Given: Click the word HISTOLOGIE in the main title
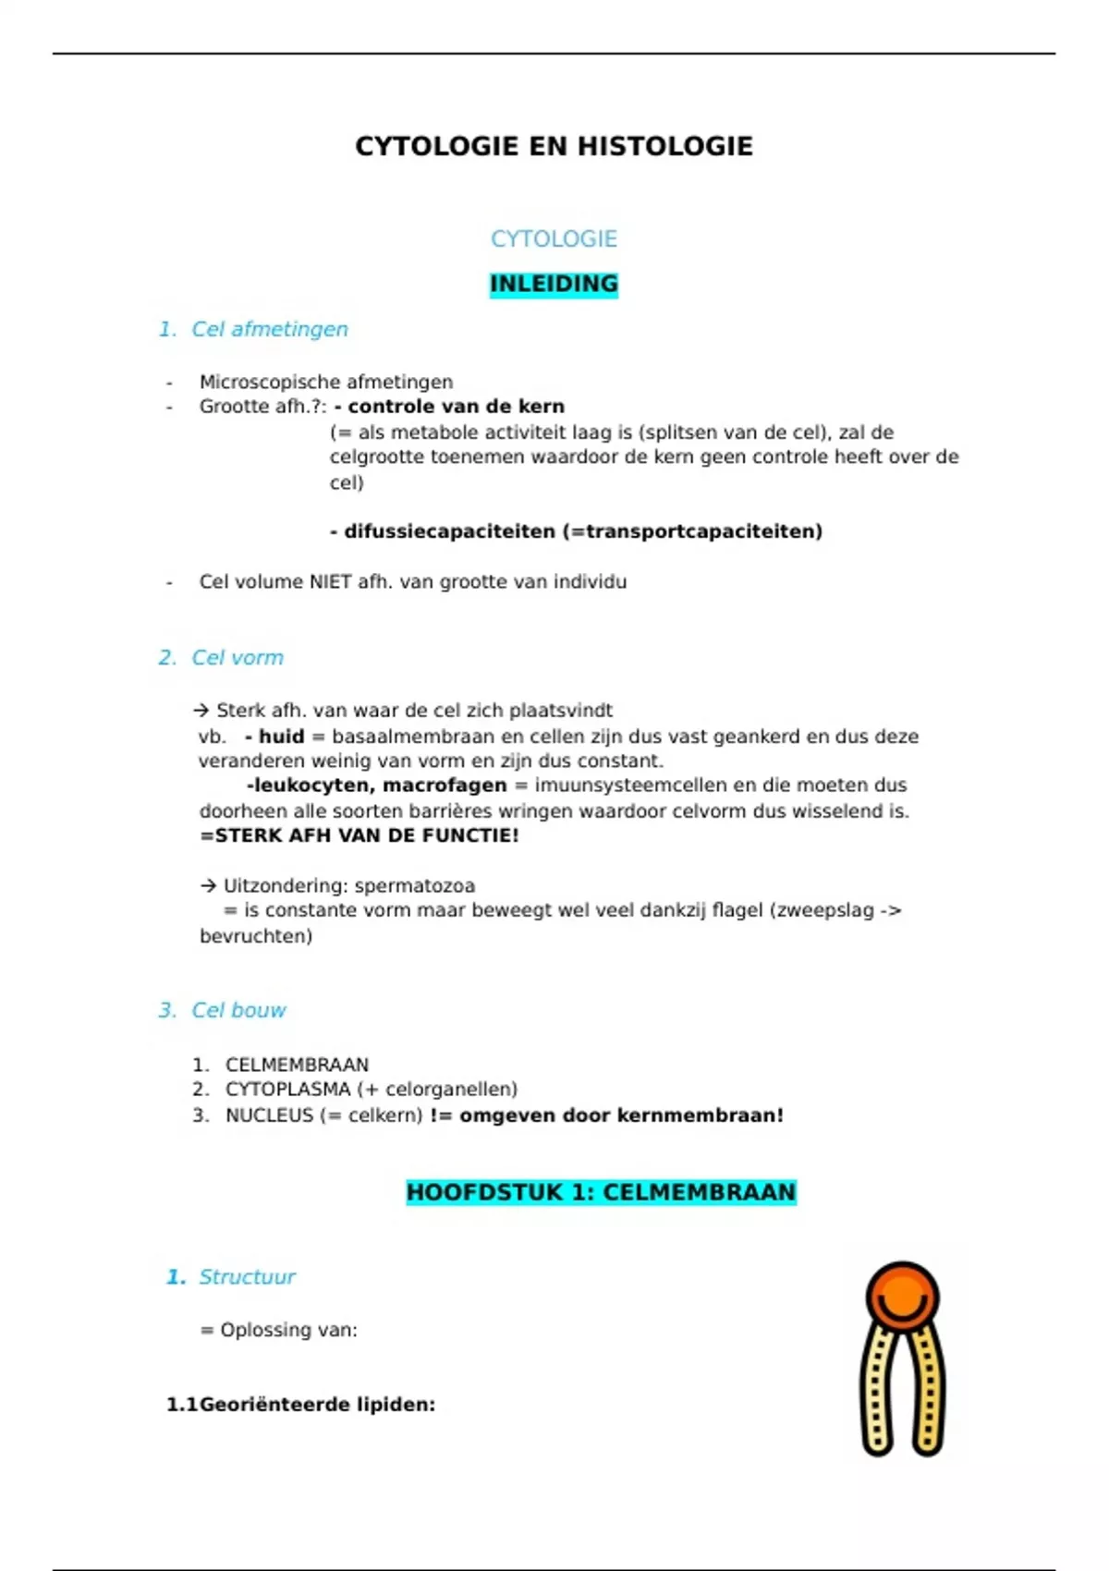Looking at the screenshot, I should click(x=666, y=146).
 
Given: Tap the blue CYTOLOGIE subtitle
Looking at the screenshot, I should click(x=554, y=238).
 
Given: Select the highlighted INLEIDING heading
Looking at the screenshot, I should click(x=554, y=284).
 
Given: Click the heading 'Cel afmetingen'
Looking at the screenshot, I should click(x=269, y=329).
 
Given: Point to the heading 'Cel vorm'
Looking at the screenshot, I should click(x=238, y=658).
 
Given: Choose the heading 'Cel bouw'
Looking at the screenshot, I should click(x=238, y=1010).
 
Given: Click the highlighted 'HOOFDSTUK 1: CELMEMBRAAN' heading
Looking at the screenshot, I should click(x=601, y=1192).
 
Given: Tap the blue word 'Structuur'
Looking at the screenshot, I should click(x=247, y=1277).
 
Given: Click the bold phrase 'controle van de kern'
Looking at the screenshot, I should click(x=456, y=407).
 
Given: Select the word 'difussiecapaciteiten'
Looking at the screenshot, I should click(x=449, y=531).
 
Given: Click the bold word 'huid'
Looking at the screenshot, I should click(x=281, y=737).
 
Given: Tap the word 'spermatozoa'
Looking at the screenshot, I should click(x=414, y=885).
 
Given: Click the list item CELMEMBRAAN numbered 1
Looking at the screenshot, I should click(x=297, y=1065).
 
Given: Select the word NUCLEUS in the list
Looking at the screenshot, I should click(x=270, y=1115).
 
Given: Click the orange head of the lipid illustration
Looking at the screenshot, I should click(x=902, y=1296).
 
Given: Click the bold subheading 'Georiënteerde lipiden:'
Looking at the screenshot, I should click(x=317, y=1405).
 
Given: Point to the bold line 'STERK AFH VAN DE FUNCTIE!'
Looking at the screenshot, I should click(x=360, y=835).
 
